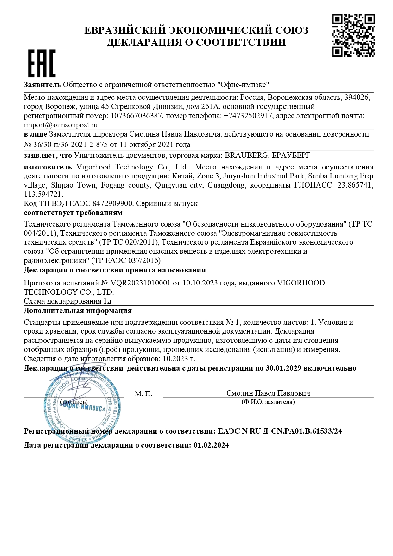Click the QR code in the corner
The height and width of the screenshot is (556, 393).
tap(353, 35)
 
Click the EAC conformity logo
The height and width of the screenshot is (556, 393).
tap(42, 63)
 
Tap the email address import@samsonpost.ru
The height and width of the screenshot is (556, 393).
tap(61, 125)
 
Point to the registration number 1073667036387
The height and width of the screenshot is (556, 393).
tap(136, 116)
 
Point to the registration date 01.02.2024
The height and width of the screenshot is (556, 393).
tap(211, 445)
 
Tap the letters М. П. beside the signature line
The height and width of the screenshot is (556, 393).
tap(143, 394)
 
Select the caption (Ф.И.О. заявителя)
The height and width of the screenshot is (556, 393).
tap(268, 402)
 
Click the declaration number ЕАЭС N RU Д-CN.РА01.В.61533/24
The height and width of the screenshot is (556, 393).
tap(280, 431)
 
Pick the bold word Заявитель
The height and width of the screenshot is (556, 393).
tap(42, 85)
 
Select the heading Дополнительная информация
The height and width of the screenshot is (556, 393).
tap(78, 310)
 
